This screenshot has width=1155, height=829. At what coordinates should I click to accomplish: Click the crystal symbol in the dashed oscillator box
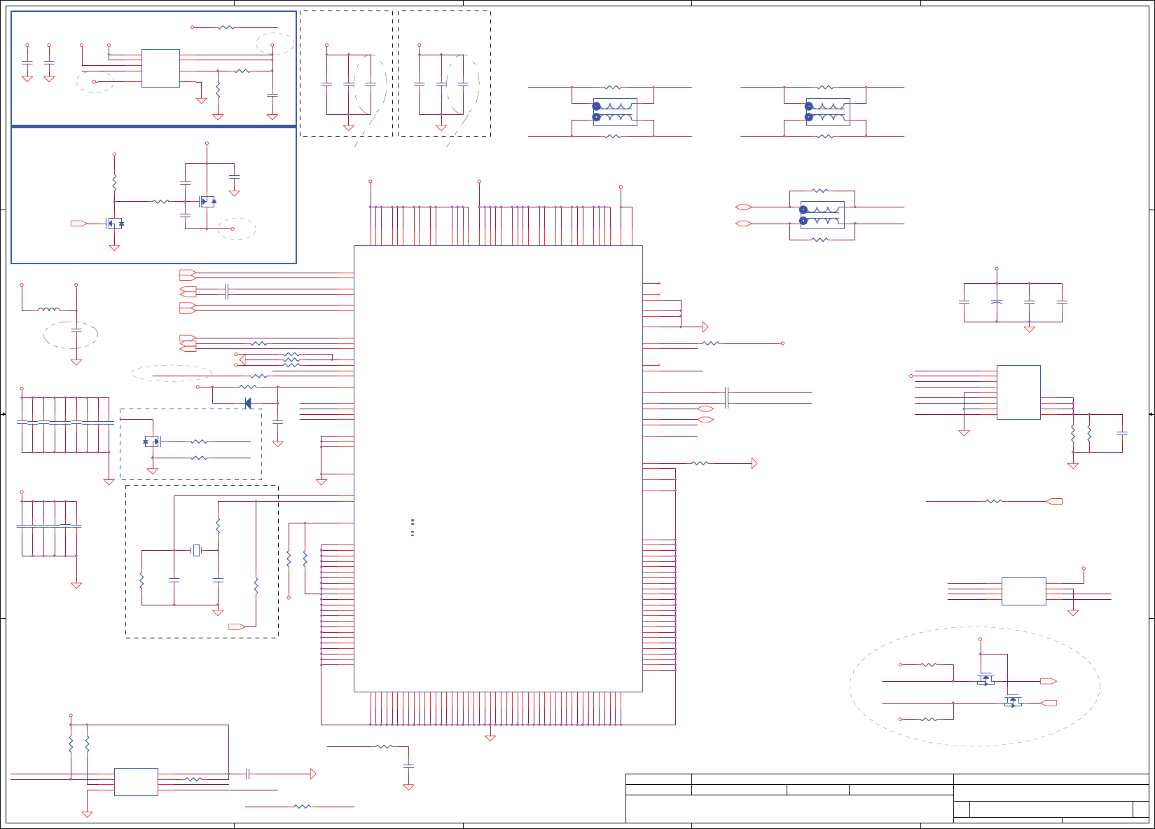(x=196, y=551)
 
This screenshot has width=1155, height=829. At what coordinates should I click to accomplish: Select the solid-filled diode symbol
(x=247, y=403)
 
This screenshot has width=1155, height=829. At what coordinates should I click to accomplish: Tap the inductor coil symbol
(x=48, y=309)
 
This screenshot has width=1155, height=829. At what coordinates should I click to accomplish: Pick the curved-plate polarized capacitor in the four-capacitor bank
(x=997, y=302)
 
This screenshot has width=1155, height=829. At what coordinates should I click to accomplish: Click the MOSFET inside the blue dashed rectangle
(x=152, y=441)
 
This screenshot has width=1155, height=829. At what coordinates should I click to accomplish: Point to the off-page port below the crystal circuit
(x=237, y=626)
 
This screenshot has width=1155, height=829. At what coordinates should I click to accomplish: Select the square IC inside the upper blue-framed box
(x=160, y=68)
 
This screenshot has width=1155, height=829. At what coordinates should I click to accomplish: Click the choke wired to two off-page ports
(x=822, y=215)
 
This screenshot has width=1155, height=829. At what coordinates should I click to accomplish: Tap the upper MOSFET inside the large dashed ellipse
(x=985, y=680)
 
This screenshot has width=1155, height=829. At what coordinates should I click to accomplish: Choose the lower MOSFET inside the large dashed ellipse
(x=1013, y=701)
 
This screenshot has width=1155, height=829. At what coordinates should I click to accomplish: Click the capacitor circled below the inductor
(x=76, y=329)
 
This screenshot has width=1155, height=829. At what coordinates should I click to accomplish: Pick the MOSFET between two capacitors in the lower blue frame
(x=207, y=202)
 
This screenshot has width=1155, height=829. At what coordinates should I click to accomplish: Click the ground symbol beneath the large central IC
(x=490, y=737)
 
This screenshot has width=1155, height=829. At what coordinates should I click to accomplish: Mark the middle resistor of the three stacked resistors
(x=291, y=360)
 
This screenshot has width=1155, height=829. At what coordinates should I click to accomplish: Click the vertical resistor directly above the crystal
(x=218, y=526)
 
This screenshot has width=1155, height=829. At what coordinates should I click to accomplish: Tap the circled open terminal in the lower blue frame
(x=234, y=228)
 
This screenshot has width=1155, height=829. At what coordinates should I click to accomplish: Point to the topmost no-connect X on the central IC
(x=659, y=283)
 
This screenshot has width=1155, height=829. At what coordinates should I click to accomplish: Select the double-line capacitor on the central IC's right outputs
(x=727, y=397)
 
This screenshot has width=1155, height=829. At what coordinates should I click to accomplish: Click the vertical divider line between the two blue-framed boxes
(x=154, y=126)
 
